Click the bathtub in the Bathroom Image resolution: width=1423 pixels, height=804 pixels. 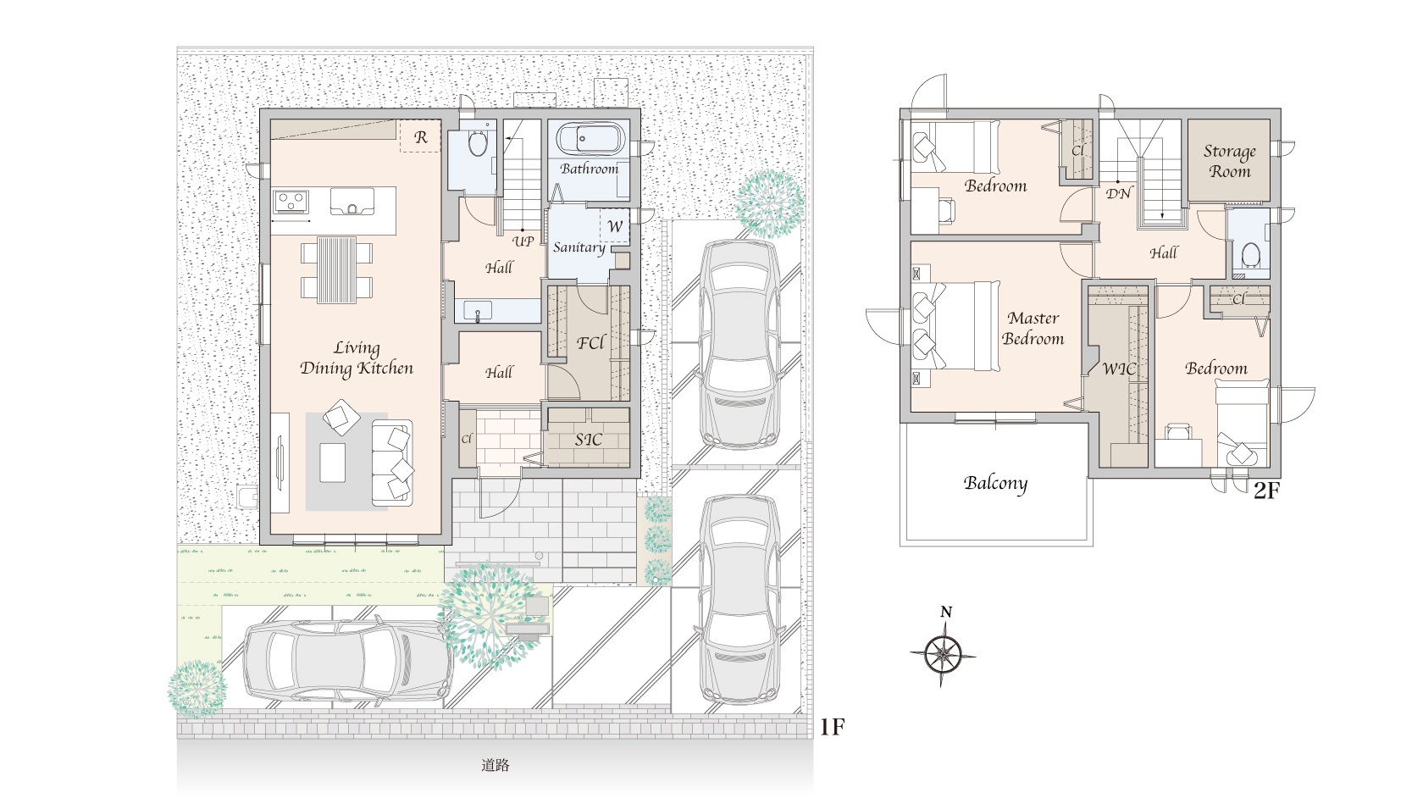coord(590,139)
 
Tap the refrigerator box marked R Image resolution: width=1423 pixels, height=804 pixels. coord(420,136)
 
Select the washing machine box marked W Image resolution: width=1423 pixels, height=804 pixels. coord(615,226)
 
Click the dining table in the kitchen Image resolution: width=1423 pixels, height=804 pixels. coord(337,270)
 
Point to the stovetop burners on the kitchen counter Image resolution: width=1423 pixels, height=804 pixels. coord(291,202)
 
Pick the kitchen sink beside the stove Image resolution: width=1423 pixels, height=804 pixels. coord(352,202)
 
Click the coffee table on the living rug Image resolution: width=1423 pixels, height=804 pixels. coord(333,463)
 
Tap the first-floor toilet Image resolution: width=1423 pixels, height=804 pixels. coord(477,143)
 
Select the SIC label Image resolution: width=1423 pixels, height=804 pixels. coord(588,440)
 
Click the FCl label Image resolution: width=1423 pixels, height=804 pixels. coord(591,343)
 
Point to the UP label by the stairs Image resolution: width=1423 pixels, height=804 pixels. coord(523,241)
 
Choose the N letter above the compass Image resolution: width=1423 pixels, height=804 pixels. coord(946,612)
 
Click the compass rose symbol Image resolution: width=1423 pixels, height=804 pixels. coord(943,654)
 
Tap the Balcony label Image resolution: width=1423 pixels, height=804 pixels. coord(995,484)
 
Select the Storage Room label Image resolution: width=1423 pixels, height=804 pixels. coord(1230,162)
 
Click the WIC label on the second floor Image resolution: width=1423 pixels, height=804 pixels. coord(1119,369)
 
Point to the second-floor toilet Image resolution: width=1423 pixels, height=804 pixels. coord(1250,255)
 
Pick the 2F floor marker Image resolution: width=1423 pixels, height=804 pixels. coord(1266,491)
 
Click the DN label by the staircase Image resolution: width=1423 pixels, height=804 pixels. coord(1118,193)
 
